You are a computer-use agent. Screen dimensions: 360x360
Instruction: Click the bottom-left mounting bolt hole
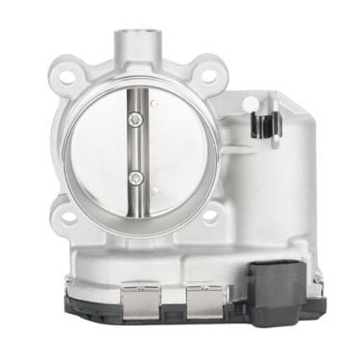point(68,218)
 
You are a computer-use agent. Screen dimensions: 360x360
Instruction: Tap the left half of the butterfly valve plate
point(101,149)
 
